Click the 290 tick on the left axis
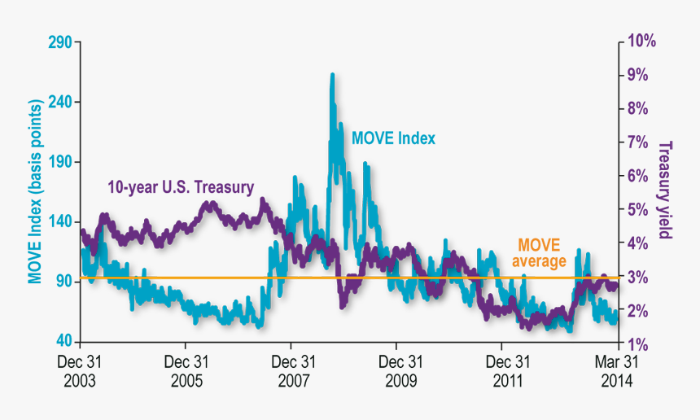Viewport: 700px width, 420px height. click(61, 42)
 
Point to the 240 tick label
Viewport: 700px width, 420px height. click(61, 102)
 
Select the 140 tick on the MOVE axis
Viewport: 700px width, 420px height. click(61, 221)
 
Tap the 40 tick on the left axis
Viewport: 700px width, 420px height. click(64, 342)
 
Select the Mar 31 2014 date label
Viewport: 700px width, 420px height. click(616, 370)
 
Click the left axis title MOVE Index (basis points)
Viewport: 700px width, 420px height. click(35, 192)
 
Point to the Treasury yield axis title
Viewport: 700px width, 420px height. click(665, 190)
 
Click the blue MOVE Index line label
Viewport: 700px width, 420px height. click(393, 138)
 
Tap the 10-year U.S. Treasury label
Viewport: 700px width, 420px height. click(181, 186)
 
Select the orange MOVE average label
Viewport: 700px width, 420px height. click(539, 252)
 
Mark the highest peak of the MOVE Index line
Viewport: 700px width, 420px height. click(332, 75)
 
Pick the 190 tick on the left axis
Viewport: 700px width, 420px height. click(61, 162)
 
